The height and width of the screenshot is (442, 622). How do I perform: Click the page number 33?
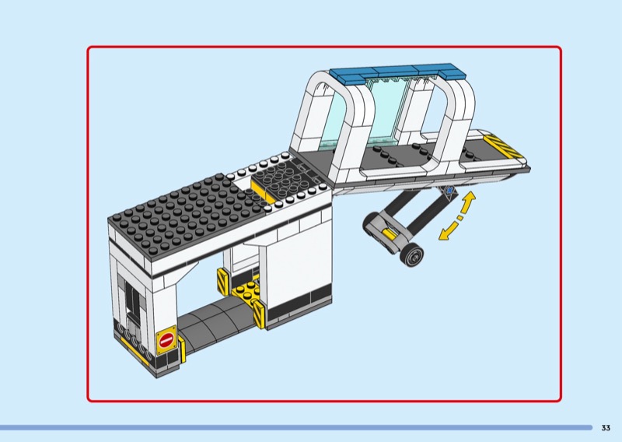pyautogui.click(x=606, y=428)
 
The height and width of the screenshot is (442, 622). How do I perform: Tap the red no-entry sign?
pyautogui.click(x=166, y=340)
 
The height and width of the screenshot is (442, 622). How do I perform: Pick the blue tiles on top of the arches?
pyautogui.click(x=397, y=73)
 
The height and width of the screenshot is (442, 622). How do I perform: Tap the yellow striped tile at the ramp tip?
pyautogui.click(x=501, y=146)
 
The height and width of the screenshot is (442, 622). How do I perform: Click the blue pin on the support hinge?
pyautogui.click(x=449, y=191)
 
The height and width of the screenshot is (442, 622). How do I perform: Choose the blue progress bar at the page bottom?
pyautogui.click(x=296, y=428)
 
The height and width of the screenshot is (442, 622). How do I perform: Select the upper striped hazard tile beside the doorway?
pyautogui.click(x=223, y=282)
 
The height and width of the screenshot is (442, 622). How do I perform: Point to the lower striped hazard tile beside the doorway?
pyautogui.click(x=259, y=314)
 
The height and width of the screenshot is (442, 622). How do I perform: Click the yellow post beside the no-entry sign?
pyautogui.click(x=182, y=349)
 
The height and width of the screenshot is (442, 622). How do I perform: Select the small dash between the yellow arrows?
pyautogui.click(x=460, y=218)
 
